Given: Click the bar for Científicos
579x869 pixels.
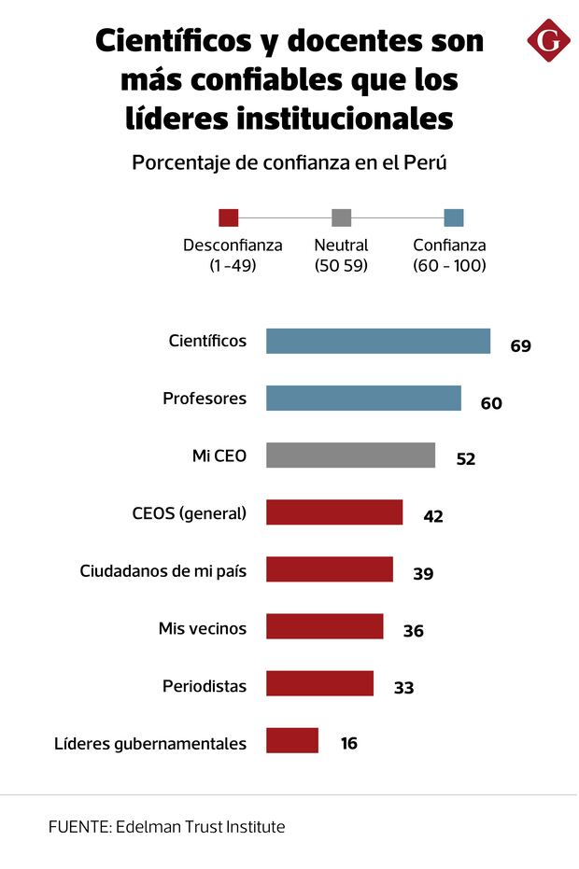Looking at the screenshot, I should [377, 341].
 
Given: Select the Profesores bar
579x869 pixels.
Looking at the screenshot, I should [363, 399].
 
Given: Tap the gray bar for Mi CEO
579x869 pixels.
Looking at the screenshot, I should [350, 456].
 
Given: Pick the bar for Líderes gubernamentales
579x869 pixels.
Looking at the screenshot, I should [291, 740].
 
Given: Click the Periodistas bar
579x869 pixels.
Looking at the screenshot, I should [319, 683].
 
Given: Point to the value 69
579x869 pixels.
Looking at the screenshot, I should [520, 346].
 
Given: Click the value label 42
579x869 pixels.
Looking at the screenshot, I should [432, 516].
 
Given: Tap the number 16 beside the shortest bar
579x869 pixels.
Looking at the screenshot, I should [348, 744].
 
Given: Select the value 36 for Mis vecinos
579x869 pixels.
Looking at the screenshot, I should [413, 631].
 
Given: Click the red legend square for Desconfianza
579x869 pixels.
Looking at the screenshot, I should [228, 217].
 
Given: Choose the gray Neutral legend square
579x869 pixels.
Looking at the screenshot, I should [341, 217].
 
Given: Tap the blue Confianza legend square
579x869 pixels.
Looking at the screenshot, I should [454, 217].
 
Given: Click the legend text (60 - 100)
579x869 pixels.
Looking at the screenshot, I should [449, 266].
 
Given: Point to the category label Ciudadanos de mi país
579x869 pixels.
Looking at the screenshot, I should [163, 570].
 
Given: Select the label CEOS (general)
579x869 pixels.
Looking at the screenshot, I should [190, 512].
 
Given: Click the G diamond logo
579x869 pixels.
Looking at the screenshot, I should [548, 40].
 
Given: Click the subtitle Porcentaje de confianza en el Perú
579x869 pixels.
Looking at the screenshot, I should [289, 162].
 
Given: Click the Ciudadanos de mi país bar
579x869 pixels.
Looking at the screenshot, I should [329, 569].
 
